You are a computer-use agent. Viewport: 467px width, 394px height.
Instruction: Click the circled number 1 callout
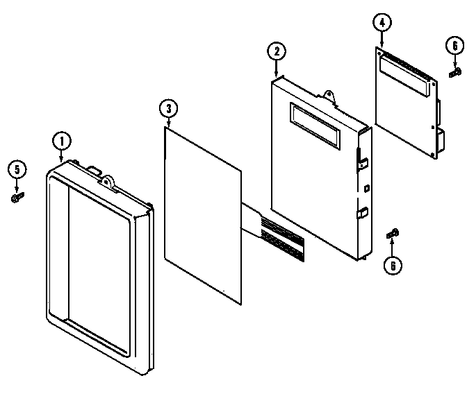coord(61,141)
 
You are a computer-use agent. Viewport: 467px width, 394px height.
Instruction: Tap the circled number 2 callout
coord(276,51)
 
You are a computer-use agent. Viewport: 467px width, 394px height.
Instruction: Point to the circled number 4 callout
coord(381,22)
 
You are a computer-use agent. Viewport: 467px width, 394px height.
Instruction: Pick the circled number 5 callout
coord(17,169)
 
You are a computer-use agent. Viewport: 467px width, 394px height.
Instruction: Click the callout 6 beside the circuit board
coord(454,46)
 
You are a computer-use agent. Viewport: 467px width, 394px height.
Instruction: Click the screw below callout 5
coord(17,198)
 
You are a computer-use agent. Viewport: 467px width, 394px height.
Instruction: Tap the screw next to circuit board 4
coord(455,71)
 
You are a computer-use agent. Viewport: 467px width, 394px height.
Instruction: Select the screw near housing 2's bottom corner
coord(393,234)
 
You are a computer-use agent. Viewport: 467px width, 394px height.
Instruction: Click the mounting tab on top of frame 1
coord(108,181)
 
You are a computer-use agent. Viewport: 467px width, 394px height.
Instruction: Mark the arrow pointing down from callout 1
coord(61,156)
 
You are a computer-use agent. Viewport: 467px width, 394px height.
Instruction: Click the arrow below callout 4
coord(381,39)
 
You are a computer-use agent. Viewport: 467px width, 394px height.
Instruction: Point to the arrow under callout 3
coord(167,121)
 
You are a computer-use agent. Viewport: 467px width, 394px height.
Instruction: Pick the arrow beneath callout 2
coord(276,67)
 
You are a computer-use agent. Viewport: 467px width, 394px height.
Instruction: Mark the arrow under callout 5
coord(17,185)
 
